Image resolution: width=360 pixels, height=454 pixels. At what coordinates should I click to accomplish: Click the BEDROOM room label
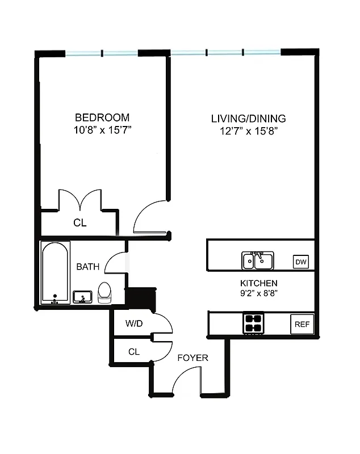(102, 117)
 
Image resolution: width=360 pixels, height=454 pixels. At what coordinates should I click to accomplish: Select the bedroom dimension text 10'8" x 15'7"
(102, 129)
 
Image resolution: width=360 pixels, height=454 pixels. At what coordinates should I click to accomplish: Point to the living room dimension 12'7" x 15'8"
(248, 131)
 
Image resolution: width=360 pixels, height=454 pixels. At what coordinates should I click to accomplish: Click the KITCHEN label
(258, 283)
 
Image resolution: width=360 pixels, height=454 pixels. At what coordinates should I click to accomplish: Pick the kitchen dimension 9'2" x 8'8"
(258, 293)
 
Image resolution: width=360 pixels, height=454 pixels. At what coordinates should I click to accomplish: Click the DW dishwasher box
(300, 262)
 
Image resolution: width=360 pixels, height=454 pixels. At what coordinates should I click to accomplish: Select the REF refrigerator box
(302, 324)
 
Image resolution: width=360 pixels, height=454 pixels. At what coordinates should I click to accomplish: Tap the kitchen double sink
(258, 260)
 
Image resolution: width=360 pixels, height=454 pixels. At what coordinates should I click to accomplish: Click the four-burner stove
(254, 323)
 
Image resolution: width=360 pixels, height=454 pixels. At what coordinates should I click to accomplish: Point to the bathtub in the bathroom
(56, 273)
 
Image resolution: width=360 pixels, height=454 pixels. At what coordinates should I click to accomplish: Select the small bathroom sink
(83, 297)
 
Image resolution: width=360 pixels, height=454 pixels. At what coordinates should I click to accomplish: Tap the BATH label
(88, 266)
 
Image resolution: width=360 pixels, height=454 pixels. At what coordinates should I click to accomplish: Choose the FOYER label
(192, 358)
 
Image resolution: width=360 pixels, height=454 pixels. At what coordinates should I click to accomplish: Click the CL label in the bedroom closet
(80, 223)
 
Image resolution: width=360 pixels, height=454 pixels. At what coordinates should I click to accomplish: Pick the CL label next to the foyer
(133, 352)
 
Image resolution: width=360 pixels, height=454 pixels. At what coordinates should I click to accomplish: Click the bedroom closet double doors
(80, 200)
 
